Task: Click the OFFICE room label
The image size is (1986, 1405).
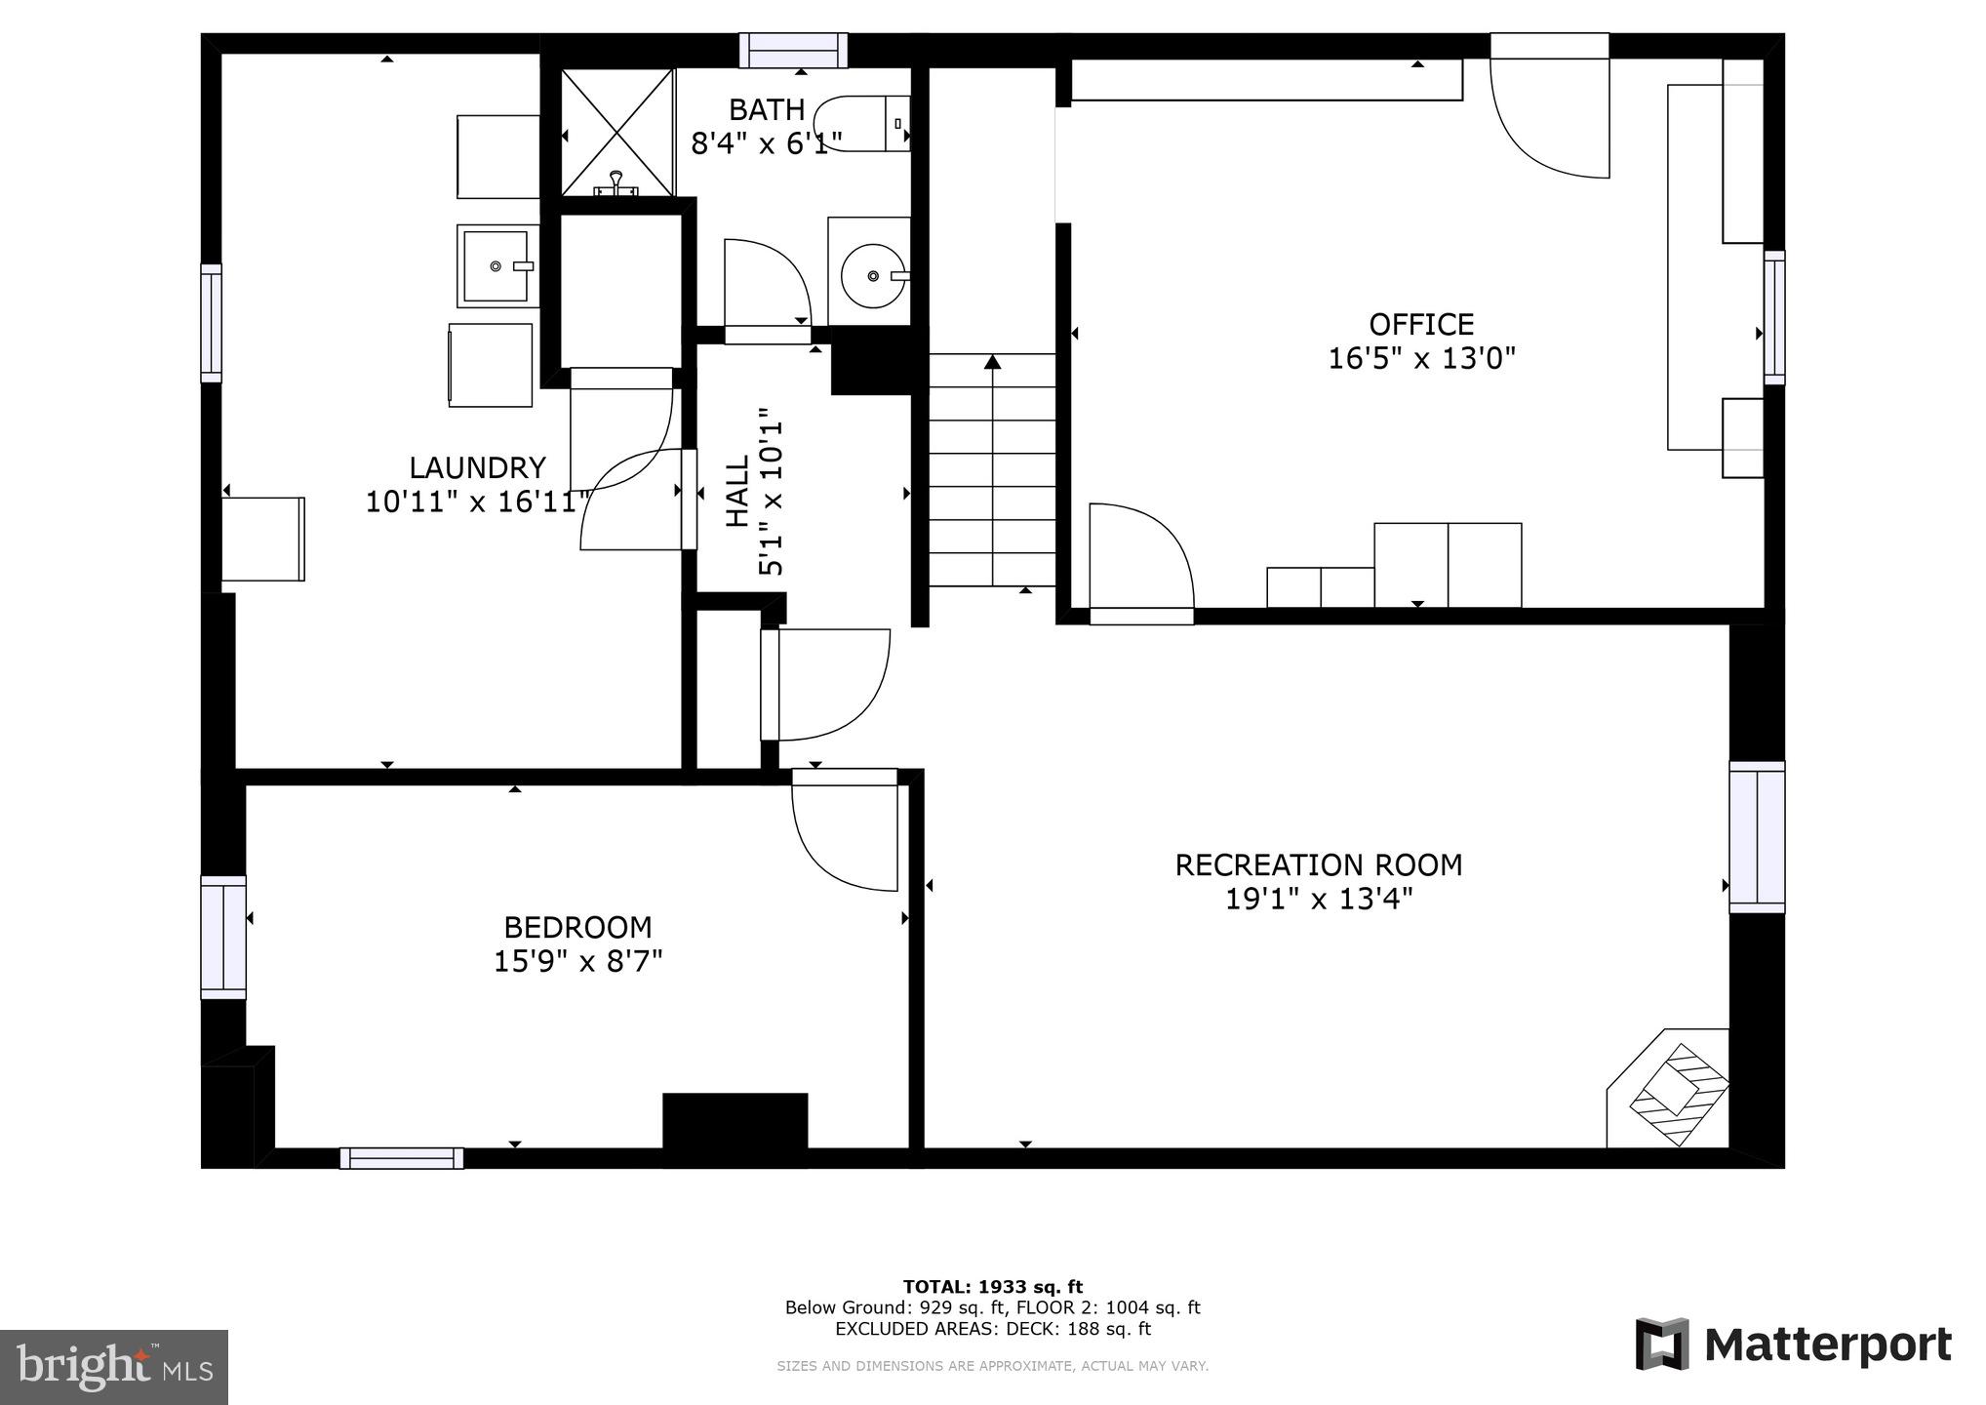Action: (x=1420, y=324)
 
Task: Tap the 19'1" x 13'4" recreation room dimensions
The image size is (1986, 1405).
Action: (x=1318, y=899)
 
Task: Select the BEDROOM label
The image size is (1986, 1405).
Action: (x=577, y=926)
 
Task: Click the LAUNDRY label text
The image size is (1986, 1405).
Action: (x=476, y=467)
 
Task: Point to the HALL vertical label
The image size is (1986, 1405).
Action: (x=737, y=492)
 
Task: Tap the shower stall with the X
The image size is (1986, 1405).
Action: (x=617, y=132)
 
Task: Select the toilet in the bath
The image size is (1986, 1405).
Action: (x=863, y=124)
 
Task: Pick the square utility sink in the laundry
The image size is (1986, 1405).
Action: (x=496, y=265)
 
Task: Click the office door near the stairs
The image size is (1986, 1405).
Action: (x=1139, y=560)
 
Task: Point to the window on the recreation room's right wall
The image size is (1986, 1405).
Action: (x=1757, y=837)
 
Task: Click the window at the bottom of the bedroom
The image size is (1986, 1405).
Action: (x=401, y=1158)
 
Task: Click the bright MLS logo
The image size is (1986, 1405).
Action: (x=113, y=1367)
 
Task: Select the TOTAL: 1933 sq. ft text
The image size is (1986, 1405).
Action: (x=992, y=1287)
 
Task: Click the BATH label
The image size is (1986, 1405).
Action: (x=767, y=109)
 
